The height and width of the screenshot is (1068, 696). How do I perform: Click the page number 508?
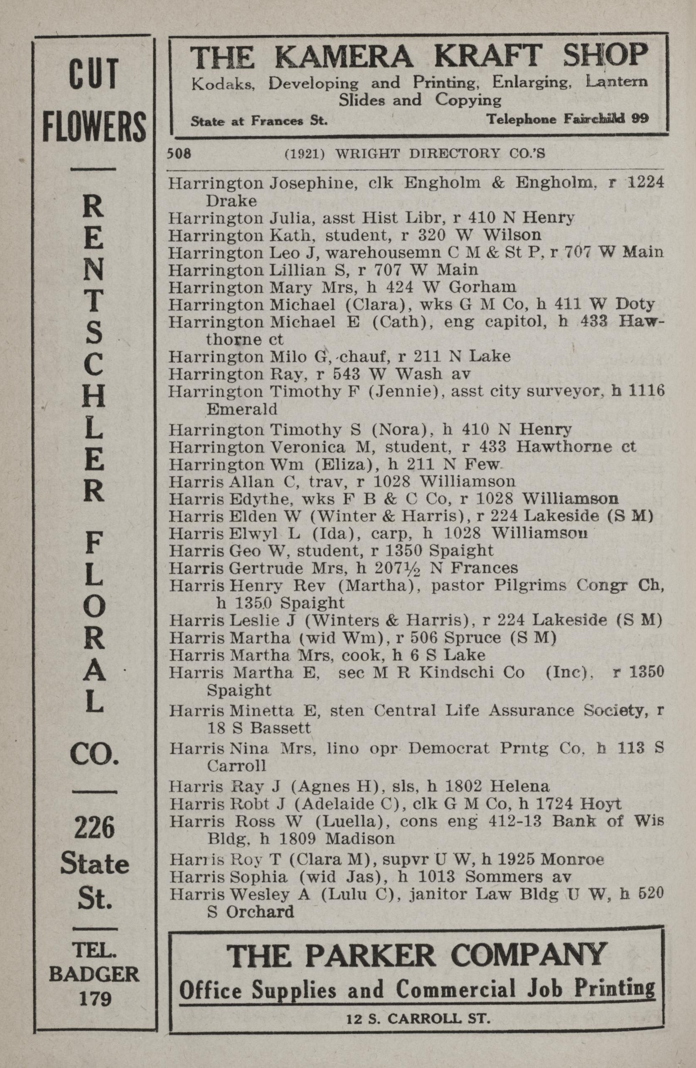point(179,154)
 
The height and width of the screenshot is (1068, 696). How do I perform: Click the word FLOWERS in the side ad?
point(95,126)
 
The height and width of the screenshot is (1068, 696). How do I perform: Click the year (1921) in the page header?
point(305,154)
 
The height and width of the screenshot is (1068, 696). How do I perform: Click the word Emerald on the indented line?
point(241,409)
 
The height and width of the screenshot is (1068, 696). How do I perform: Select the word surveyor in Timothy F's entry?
point(568,392)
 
